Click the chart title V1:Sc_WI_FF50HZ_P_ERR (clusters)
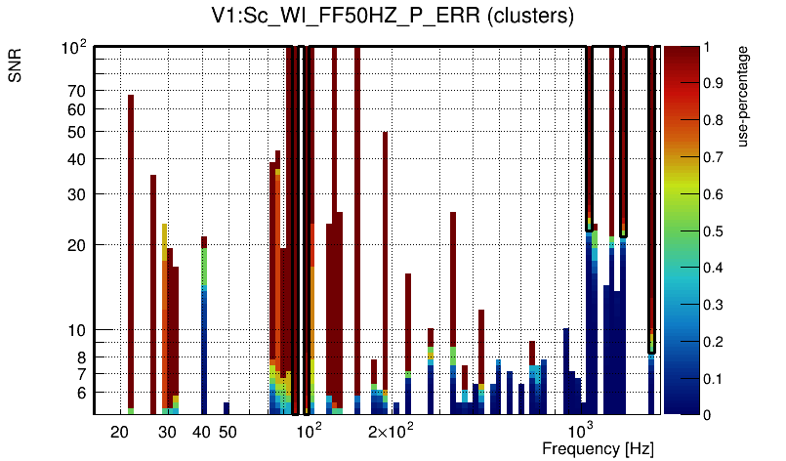click(x=393, y=17)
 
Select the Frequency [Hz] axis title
click(x=598, y=448)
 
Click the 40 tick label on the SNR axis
click(x=77, y=159)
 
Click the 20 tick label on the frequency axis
click(x=120, y=432)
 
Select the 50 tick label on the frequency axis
click(x=227, y=432)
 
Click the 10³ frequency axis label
click(x=582, y=431)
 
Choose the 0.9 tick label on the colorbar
click(x=714, y=83)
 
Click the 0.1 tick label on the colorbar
click(x=714, y=378)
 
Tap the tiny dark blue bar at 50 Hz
click(x=227, y=408)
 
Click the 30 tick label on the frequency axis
click(x=167, y=432)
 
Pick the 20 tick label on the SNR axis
click(x=77, y=244)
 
